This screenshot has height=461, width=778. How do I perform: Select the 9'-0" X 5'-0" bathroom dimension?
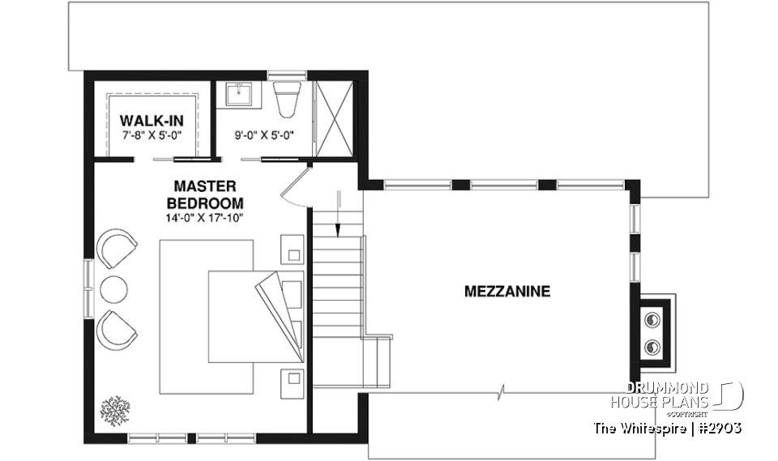click(264, 135)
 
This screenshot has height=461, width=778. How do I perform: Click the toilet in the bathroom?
click(286, 99)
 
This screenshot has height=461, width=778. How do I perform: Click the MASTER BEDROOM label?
click(205, 194)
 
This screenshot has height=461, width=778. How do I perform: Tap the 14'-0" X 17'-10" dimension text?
click(205, 216)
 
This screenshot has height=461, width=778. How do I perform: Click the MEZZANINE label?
click(507, 291)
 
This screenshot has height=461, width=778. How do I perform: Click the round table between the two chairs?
click(113, 288)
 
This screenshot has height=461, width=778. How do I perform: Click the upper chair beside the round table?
click(118, 248)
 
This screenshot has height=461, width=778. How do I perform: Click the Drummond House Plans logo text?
click(660, 395)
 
